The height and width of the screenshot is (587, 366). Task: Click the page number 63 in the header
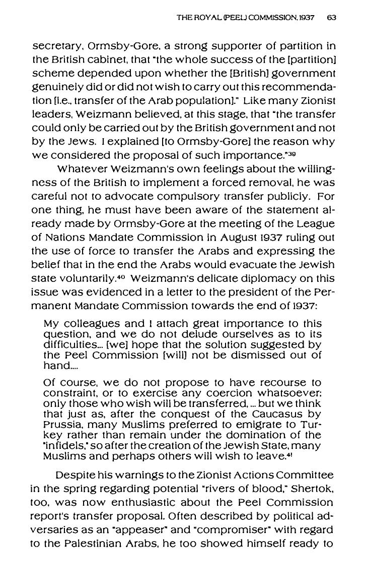point(331,18)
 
